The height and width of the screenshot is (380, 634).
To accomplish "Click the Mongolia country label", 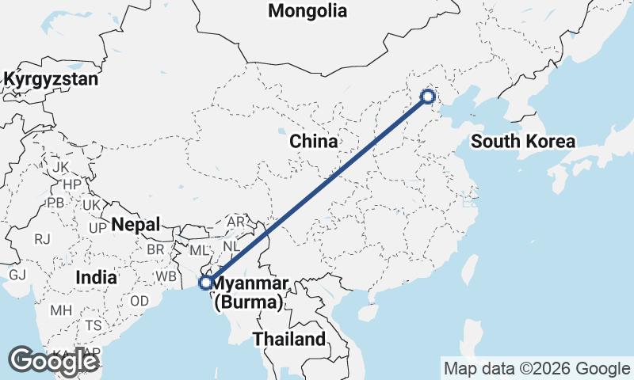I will (307, 11).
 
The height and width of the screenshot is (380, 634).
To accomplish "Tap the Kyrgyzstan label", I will (51, 80).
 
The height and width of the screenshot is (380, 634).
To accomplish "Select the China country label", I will (313, 142).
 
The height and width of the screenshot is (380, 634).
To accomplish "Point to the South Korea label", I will (522, 142).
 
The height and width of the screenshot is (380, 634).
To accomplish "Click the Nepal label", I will (136, 224).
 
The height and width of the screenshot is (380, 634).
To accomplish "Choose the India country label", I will (97, 278).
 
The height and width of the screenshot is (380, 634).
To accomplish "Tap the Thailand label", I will (288, 340).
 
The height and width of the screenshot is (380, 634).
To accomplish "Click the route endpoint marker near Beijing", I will (427, 97).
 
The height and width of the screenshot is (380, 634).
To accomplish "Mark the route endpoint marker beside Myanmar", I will (205, 283).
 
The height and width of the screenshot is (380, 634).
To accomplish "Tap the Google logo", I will (54, 361).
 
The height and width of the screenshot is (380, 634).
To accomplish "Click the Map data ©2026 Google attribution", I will (536, 368).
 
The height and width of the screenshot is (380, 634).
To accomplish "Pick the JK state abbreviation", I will (61, 167).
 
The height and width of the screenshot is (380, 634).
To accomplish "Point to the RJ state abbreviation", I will (42, 238).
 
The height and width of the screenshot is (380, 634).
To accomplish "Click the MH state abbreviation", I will (61, 310).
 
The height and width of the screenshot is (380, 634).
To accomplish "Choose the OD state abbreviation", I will (139, 301).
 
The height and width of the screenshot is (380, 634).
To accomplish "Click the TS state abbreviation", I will (94, 325).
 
